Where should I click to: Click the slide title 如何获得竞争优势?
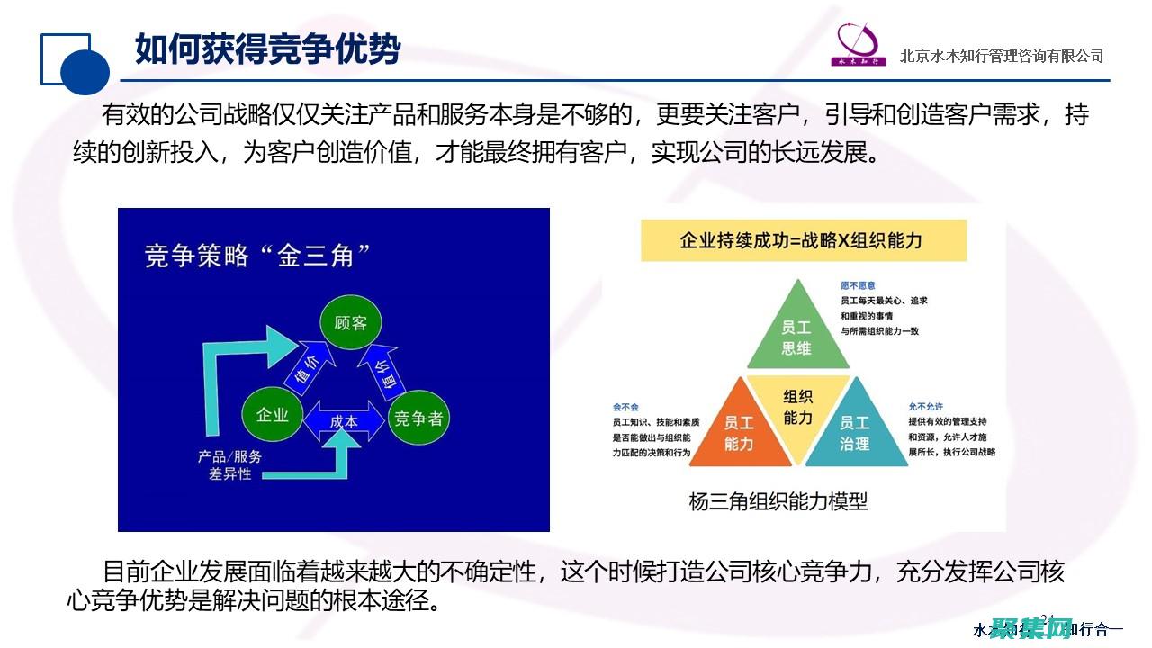click(x=267, y=49)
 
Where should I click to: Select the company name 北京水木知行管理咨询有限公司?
click(x=1001, y=56)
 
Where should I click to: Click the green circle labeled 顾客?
click(x=350, y=322)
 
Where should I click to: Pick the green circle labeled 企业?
click(x=272, y=415)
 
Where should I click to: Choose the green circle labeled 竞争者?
click(x=419, y=418)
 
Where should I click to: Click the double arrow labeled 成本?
click(x=344, y=420)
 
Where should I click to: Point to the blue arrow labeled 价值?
click(x=305, y=366)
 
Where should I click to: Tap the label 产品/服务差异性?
click(x=229, y=464)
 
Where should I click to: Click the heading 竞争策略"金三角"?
click(x=259, y=256)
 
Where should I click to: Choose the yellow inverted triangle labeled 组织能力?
click(x=797, y=408)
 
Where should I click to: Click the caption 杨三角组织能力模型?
click(x=778, y=501)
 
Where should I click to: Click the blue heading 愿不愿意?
click(x=858, y=285)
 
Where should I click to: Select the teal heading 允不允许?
click(x=926, y=406)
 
